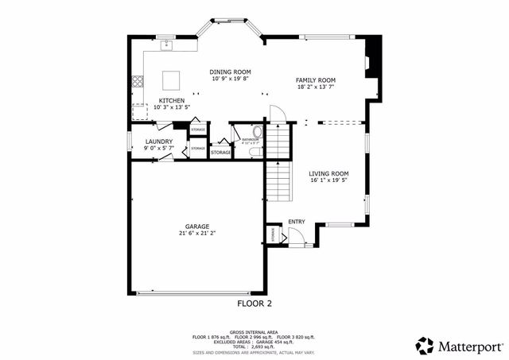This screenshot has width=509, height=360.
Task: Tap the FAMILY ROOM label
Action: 316,80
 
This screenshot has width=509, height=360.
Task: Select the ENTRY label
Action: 297,222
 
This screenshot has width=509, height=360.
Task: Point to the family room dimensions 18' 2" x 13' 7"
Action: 316,87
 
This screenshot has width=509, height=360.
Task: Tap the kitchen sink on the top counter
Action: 168,46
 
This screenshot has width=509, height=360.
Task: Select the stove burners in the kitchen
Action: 137,80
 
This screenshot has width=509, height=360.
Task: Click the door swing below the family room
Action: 275,114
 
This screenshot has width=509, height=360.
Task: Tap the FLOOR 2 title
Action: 254,304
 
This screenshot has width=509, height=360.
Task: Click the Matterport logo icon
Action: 425,346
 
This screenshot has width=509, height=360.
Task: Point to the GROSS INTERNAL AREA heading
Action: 254,332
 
